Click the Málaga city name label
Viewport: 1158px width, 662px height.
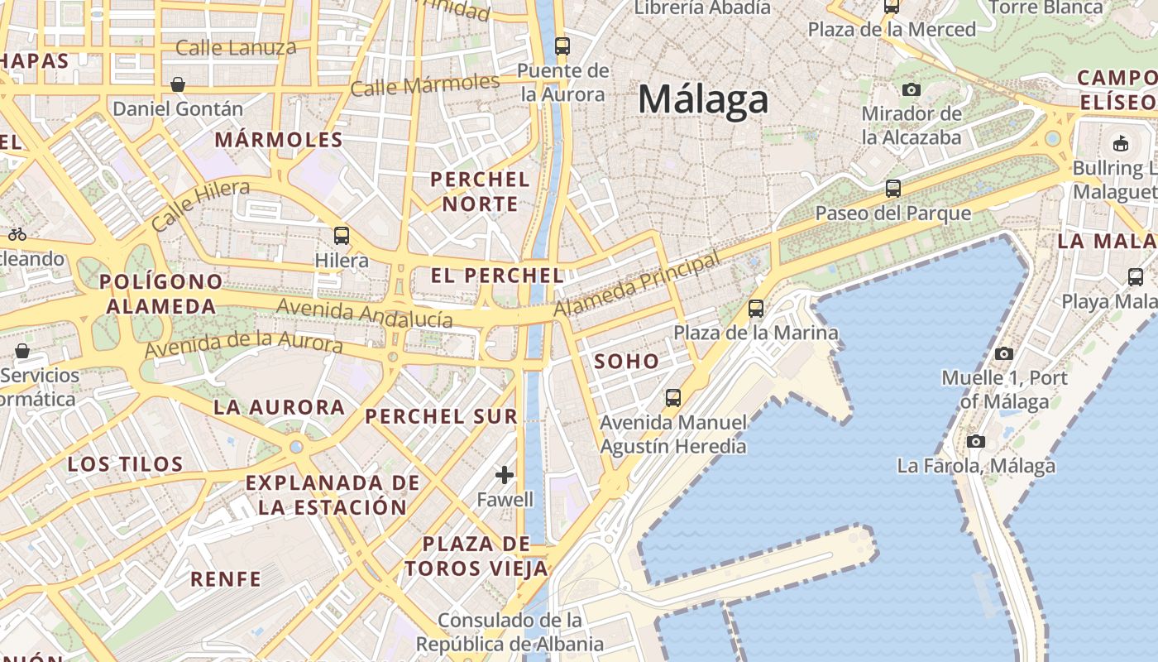tap(703, 100)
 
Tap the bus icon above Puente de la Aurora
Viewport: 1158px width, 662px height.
tap(562, 46)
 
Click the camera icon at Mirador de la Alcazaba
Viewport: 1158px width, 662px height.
tap(912, 89)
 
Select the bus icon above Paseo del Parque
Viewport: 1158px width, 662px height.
tap(892, 189)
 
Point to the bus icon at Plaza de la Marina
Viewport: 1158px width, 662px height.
tap(756, 309)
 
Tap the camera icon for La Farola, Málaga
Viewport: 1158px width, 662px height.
tap(976, 441)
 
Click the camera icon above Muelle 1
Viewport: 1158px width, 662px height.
tap(1004, 353)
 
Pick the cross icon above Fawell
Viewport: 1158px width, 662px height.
tap(505, 475)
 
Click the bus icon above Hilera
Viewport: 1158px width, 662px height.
tap(342, 236)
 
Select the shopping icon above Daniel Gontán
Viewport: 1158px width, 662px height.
tap(178, 84)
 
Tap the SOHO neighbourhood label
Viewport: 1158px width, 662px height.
tap(627, 361)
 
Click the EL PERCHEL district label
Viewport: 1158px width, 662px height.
tap(498, 276)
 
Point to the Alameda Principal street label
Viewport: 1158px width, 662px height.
tap(636, 285)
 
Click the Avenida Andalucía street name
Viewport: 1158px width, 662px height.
tap(365, 314)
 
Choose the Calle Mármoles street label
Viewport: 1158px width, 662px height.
tap(425, 85)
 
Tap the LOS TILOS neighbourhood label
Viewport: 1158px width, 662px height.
tap(125, 464)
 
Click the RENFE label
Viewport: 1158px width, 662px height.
tap(226, 578)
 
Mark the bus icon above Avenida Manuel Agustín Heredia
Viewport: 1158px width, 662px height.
tap(673, 398)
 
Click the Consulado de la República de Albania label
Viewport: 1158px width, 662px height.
tap(510, 632)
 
